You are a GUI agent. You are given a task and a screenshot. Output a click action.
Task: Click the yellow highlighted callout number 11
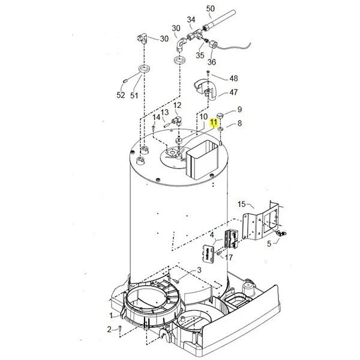tap(214, 122)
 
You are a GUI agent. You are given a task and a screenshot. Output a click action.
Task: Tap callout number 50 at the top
tap(210, 8)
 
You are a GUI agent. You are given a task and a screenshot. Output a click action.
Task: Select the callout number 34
tap(191, 20)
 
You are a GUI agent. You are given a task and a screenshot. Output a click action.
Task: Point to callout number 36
tap(212, 62)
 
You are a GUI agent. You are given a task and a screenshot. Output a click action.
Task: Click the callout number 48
tap(233, 79)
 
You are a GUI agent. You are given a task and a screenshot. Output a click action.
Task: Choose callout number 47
tap(233, 93)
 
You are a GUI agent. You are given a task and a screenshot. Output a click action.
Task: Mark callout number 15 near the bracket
tap(242, 205)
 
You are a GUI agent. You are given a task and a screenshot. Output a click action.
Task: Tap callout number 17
tap(229, 257)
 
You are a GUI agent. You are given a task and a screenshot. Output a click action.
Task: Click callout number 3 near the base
tap(199, 271)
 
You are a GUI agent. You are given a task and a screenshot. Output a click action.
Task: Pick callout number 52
tap(121, 95)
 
